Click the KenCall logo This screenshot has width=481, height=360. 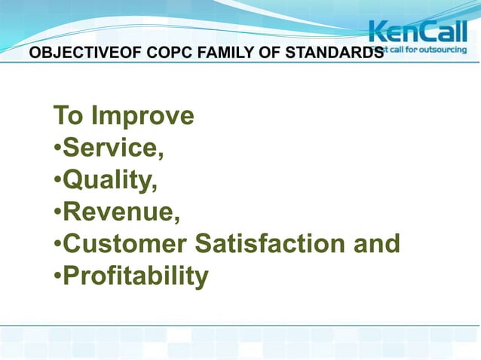coord(417,32)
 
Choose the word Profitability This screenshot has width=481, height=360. coord(135,276)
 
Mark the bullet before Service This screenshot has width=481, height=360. coord(57,149)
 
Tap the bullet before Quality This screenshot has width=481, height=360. coord(57,182)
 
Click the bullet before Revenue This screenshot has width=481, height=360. coord(57,213)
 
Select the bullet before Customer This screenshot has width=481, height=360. coord(57,246)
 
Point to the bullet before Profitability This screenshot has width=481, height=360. coord(57,277)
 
